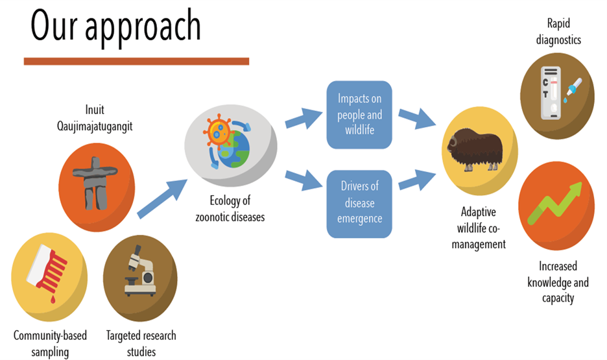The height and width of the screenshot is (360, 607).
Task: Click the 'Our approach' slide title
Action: coord(115,27)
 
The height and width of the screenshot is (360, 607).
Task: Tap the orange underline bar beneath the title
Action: coord(136,61)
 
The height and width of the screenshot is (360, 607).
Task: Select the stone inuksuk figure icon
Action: coord(95,183)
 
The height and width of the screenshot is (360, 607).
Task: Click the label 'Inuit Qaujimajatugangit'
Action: coord(95,118)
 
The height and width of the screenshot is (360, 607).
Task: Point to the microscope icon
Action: coord(140,270)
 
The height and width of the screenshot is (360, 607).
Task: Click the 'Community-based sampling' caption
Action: coord(50,343)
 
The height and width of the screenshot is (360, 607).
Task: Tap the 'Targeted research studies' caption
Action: coord(141,343)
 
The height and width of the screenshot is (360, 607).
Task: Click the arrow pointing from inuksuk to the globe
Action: coord(162,199)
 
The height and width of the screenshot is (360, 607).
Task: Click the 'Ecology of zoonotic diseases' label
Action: coord(230,209)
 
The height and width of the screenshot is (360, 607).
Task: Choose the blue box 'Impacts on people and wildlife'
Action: coord(359,115)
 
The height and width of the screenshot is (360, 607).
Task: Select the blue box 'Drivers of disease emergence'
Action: coord(359,204)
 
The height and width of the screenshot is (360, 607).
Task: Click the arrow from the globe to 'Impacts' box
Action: coord(304,118)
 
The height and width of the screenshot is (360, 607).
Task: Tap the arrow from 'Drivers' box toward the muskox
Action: coord(418,180)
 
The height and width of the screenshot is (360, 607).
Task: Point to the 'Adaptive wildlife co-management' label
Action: coord(479,228)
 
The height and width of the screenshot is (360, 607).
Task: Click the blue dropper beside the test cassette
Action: coord(573,90)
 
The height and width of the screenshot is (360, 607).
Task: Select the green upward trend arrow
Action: coord(555,203)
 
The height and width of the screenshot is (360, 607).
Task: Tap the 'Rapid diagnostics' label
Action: coord(558,32)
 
